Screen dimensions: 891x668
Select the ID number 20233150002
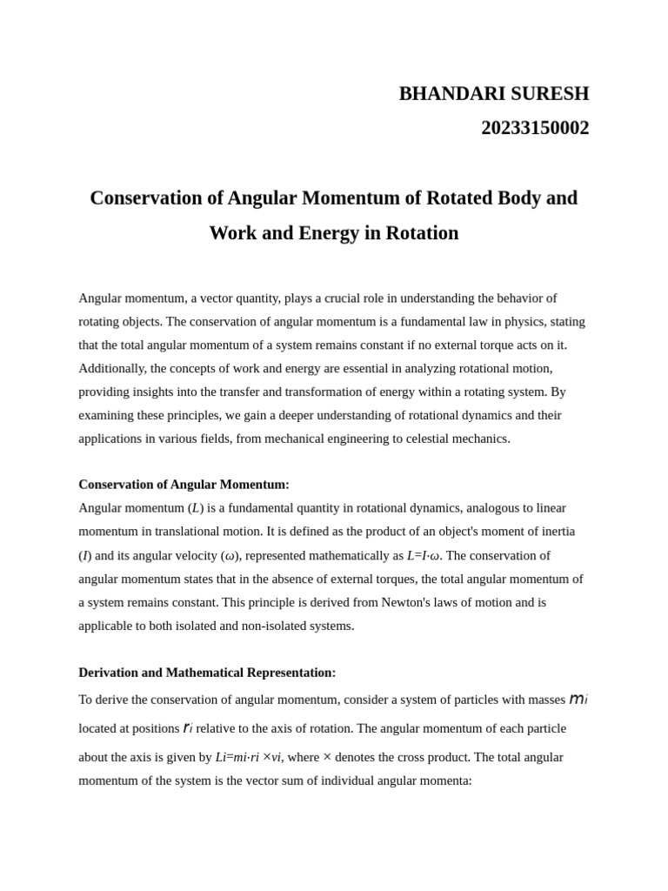535,128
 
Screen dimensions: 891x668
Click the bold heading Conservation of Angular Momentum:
184,485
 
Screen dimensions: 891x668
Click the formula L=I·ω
423,555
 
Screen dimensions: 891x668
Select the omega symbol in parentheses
230,556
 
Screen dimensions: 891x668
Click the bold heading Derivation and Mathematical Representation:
207,673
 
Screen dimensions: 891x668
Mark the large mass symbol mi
578,700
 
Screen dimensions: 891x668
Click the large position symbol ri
188,728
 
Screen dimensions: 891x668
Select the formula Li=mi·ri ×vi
248,758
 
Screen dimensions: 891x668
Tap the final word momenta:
444,780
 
